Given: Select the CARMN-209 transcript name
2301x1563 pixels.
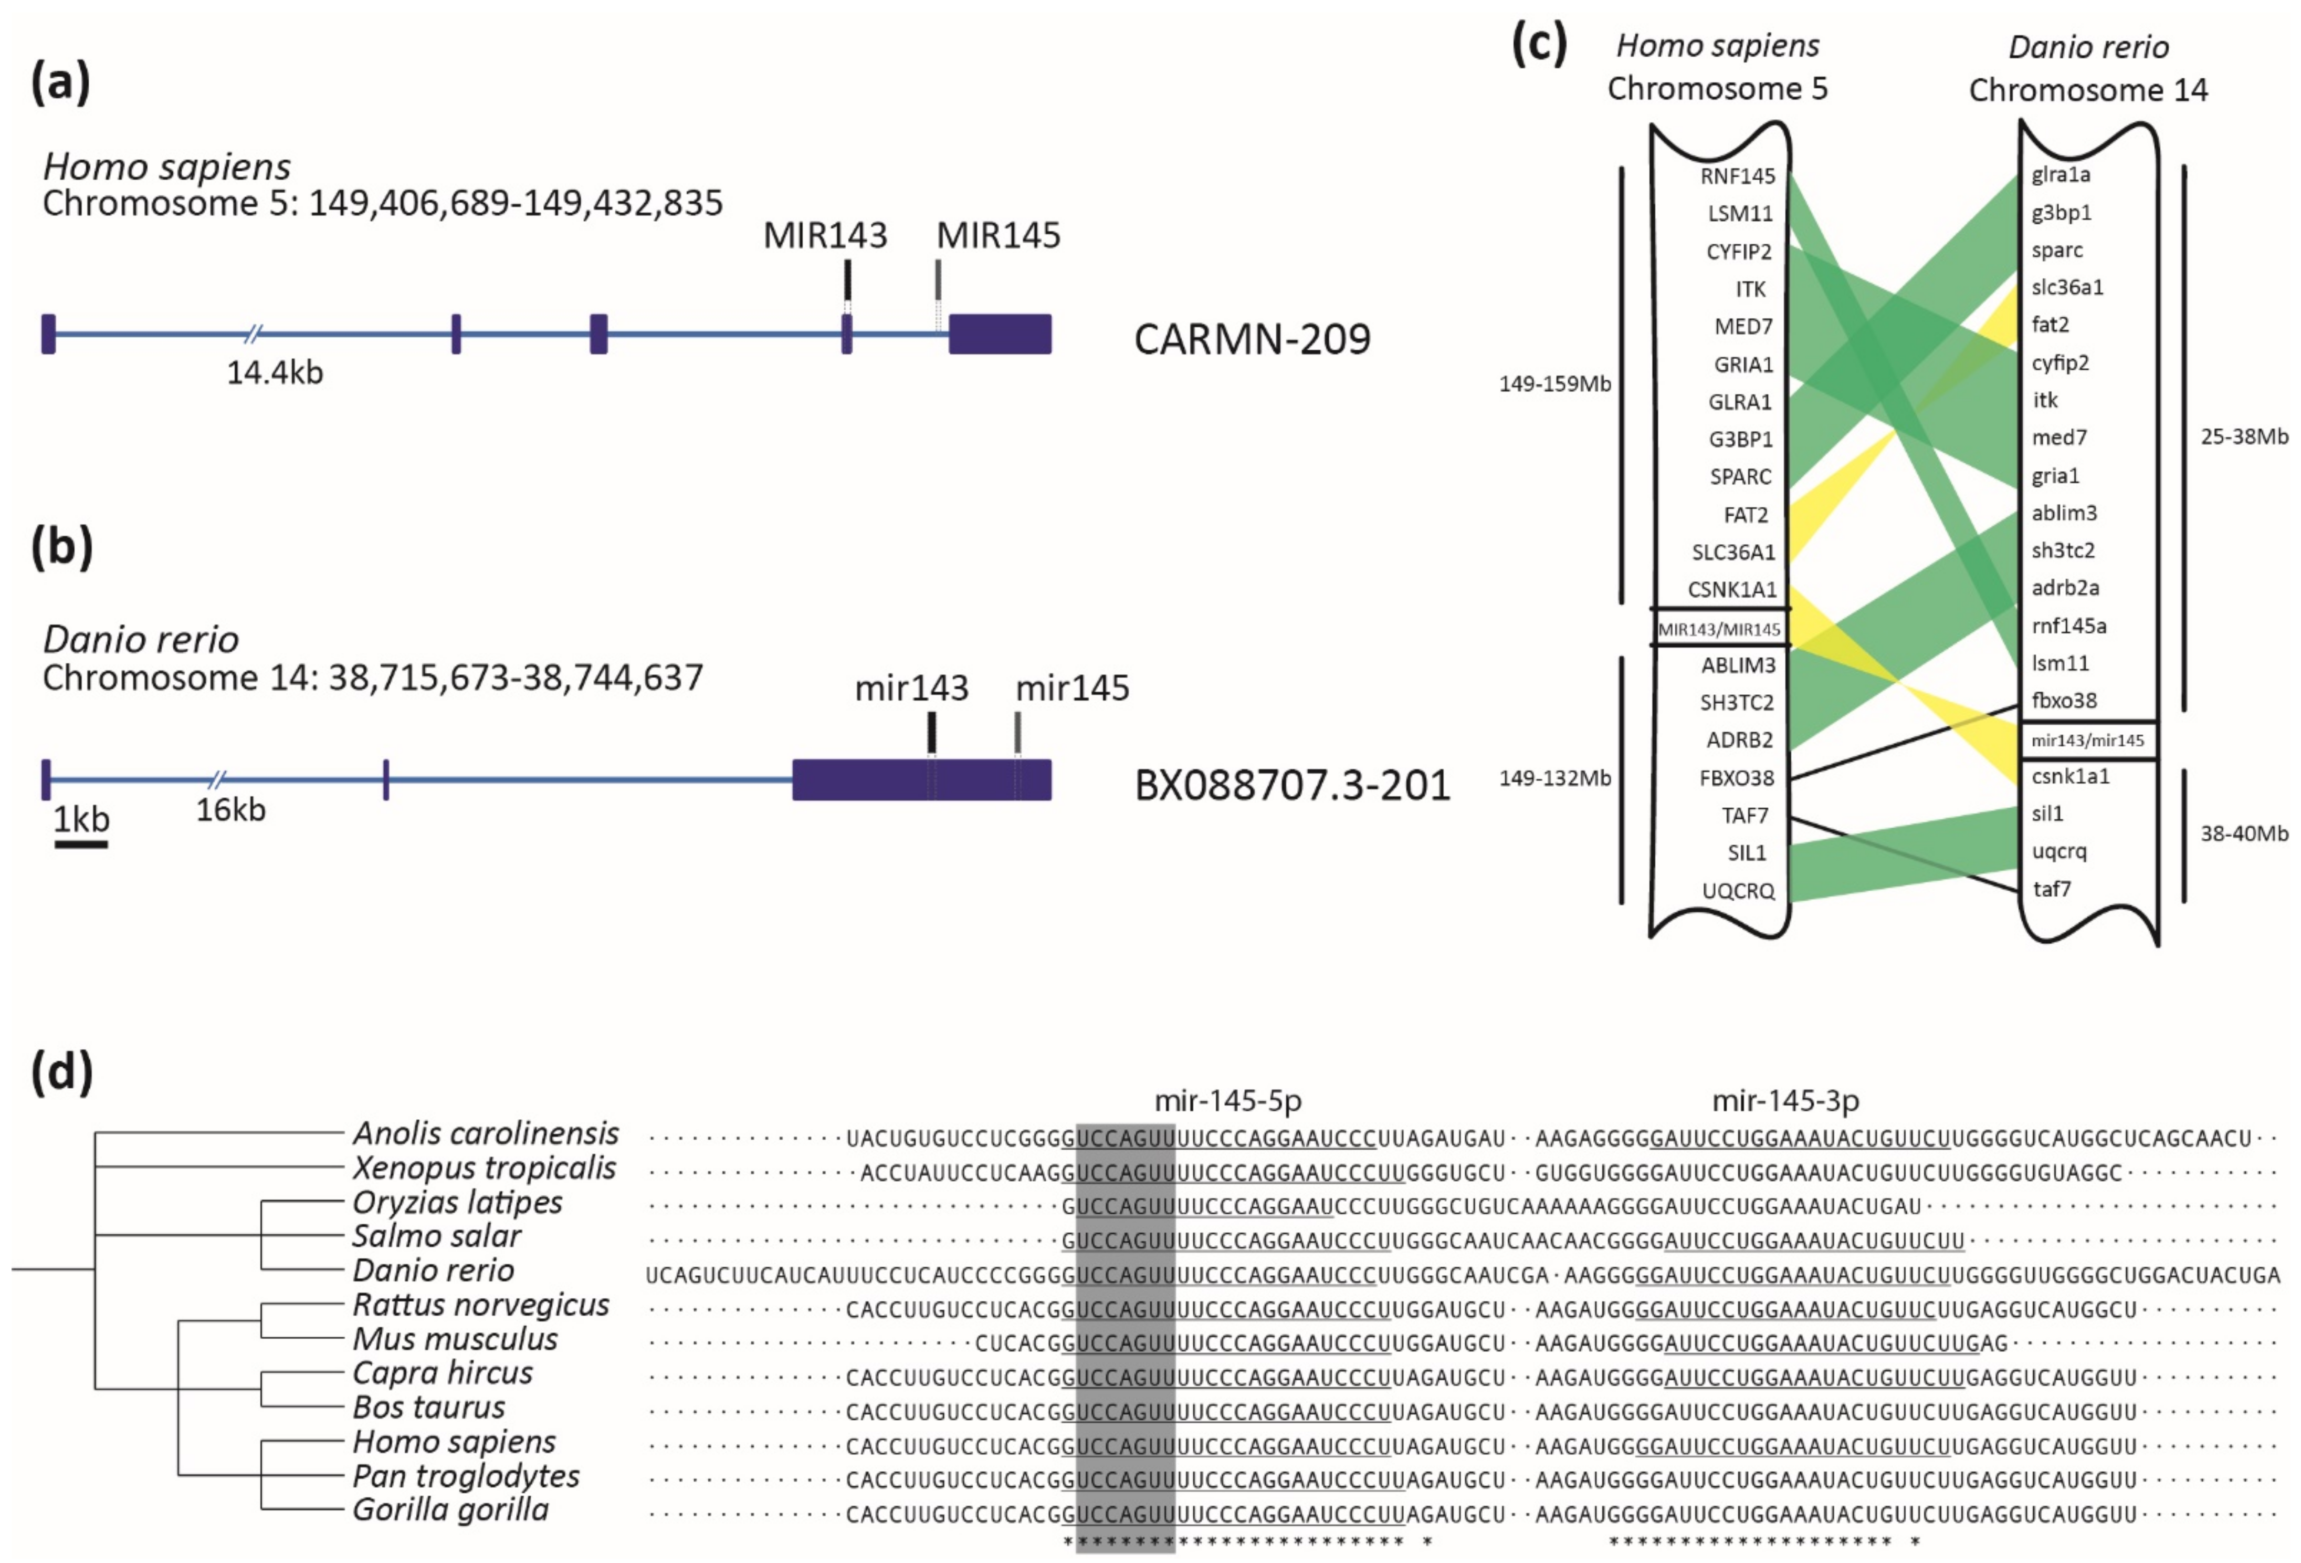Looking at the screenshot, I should [1252, 339].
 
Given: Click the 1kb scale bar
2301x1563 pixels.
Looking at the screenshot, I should [81, 843].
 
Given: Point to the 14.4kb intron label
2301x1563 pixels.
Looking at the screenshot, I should [274, 372].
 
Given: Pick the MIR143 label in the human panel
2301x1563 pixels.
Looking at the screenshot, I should [825, 236].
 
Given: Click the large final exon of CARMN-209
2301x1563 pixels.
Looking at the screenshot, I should [1000, 334].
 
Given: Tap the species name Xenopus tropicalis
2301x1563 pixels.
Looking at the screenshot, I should [484, 1168].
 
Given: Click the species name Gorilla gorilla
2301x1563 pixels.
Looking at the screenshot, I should [450, 1509].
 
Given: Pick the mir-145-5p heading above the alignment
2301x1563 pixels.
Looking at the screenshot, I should [1228, 1100].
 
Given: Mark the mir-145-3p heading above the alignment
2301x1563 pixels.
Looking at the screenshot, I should [1785, 1100].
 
